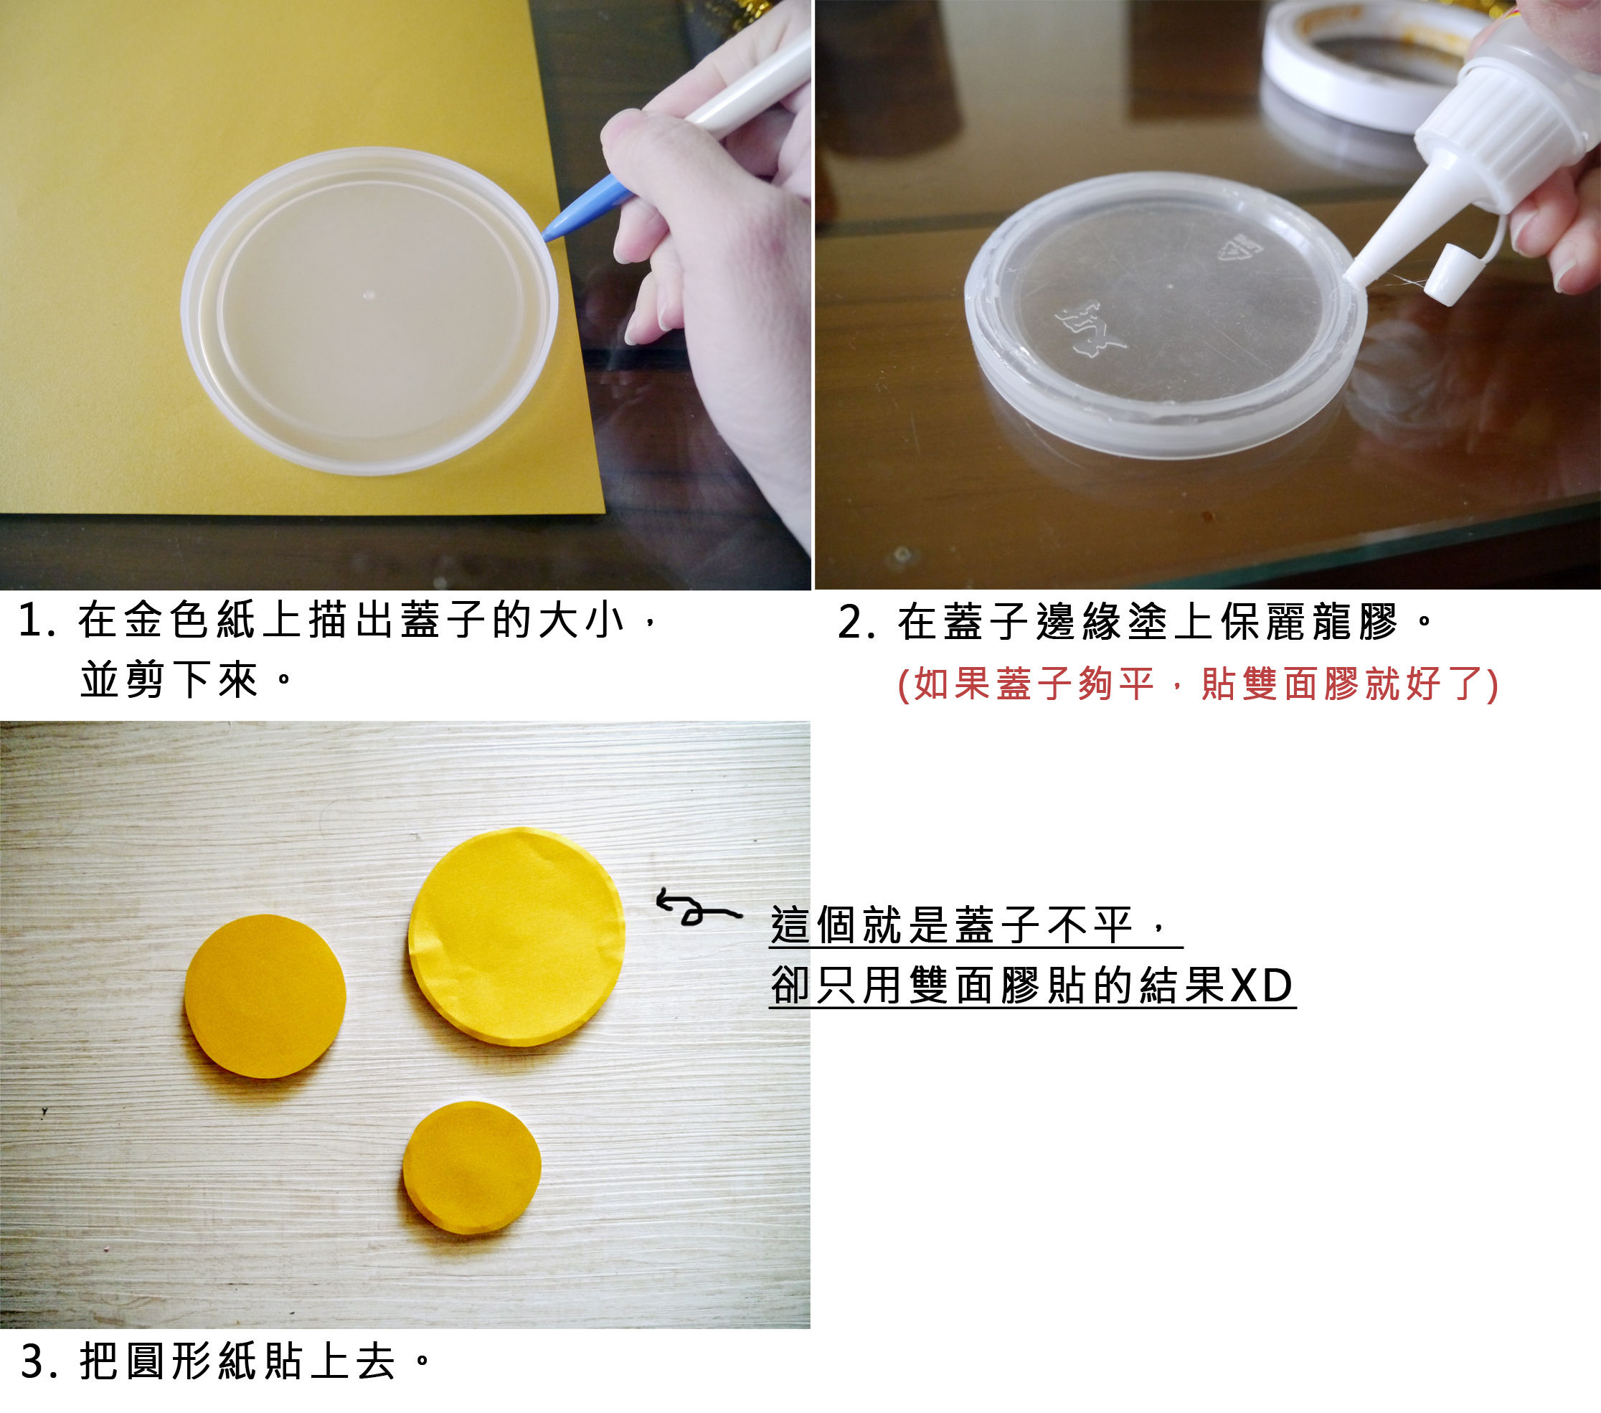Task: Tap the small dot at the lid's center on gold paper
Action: tap(369, 296)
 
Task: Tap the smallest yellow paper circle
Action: tap(471, 1168)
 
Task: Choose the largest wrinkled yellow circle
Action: tap(517, 937)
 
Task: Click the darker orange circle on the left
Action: tap(265, 996)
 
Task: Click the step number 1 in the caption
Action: tap(29, 621)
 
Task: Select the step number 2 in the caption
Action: tap(850, 623)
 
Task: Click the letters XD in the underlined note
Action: tap(1262, 986)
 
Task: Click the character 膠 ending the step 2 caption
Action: tap(1379, 623)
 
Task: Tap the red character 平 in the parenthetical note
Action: tap(1136, 683)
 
